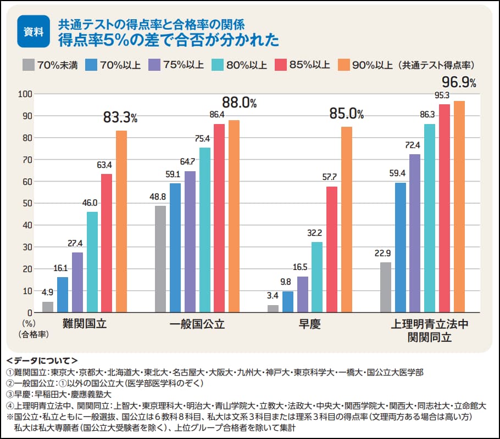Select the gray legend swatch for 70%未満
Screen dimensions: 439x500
pyautogui.click(x=29, y=65)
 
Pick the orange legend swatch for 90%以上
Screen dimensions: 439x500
pyautogui.click(x=344, y=65)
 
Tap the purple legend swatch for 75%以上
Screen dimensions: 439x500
pyautogui.click(x=154, y=65)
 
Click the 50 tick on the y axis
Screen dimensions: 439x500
pyautogui.click(x=25, y=203)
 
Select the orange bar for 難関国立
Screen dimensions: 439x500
pyautogui.click(x=121, y=222)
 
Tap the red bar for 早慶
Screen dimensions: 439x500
pyautogui.click(x=331, y=250)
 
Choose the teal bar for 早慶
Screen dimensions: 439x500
pyautogui.click(x=317, y=277)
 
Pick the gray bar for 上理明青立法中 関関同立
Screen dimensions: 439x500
pyautogui.click(x=386, y=288)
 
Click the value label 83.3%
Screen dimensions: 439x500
pyautogui.click(x=120, y=117)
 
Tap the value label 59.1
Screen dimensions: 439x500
pyautogui.click(x=175, y=173)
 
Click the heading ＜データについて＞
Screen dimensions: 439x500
pyautogui.click(x=42, y=361)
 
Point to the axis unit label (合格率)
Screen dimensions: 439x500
pyautogui.click(x=33, y=333)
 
